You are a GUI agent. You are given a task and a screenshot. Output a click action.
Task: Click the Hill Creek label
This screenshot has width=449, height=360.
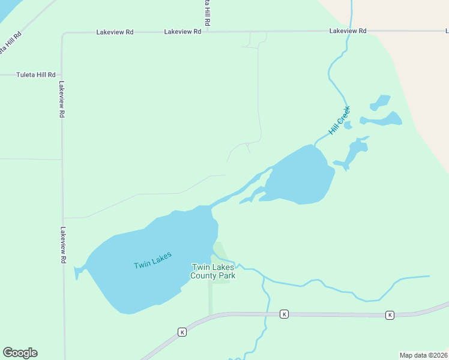[x=339, y=121]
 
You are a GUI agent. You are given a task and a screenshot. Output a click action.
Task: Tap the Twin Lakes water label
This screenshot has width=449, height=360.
[x=152, y=260]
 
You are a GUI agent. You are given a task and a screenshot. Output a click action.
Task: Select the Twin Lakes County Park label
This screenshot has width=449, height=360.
[x=212, y=271]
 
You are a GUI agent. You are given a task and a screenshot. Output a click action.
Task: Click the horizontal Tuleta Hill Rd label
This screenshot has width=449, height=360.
[x=36, y=75]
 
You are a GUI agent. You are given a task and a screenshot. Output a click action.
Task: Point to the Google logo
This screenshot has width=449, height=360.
[x=20, y=353]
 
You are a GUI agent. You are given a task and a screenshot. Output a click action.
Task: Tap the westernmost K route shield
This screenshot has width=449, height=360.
[x=182, y=331]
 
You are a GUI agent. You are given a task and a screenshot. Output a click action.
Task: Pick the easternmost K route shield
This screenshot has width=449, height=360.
[x=390, y=315]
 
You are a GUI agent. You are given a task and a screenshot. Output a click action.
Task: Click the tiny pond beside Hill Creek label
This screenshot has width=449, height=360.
[x=348, y=125]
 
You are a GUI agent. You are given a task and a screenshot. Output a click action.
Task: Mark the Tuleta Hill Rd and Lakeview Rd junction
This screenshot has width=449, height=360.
[x=62, y=75]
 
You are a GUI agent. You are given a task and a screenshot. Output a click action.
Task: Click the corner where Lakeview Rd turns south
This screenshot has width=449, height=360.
[x=62, y=34]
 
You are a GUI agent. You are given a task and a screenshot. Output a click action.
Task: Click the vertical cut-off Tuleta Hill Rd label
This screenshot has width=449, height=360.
[x=207, y=12]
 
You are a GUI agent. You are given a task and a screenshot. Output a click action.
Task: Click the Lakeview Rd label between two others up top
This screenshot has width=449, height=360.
[x=182, y=31]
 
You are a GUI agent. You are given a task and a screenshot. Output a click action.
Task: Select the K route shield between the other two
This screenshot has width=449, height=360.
[x=284, y=314]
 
